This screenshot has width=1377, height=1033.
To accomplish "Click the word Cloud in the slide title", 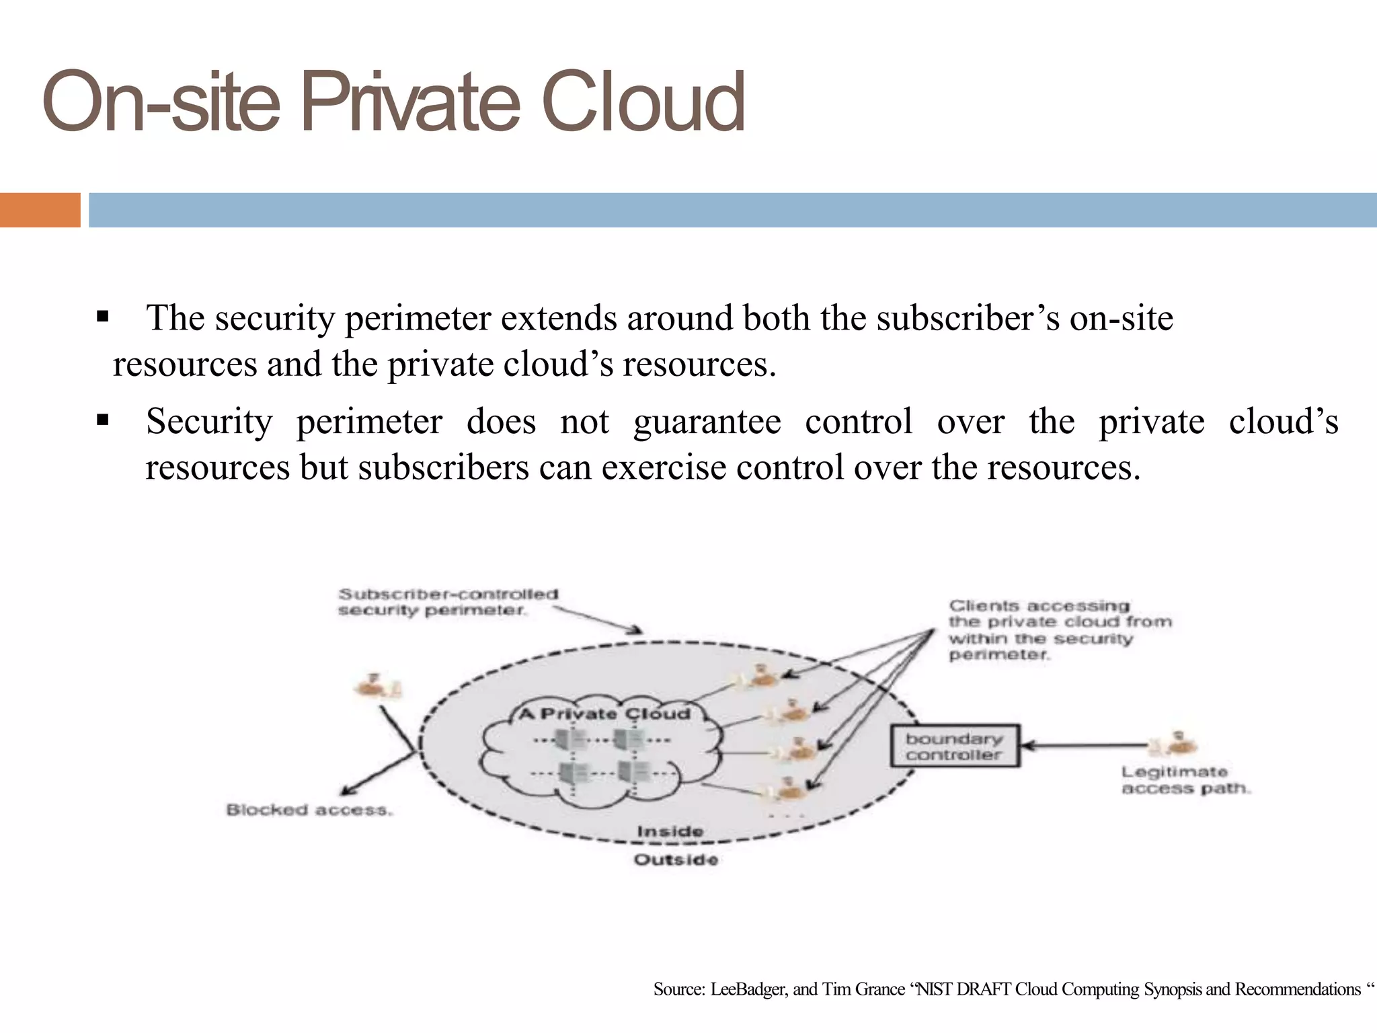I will pos(642,102).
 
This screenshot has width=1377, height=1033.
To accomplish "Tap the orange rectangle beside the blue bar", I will pos(40,210).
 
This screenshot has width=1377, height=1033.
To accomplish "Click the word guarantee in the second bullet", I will pos(707,422).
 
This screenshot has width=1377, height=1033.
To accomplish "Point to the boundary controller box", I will pos(955,746).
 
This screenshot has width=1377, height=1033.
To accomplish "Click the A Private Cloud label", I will pos(604,714).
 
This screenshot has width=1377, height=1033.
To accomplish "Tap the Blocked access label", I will pos(309,810).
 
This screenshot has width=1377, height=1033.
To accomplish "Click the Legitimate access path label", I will pos(1185,780).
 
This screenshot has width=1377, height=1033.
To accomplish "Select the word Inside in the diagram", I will pos(670,832).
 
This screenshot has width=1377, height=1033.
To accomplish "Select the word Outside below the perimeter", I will pos(676,860).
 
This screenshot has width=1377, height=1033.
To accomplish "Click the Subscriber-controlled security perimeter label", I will pos(448,602).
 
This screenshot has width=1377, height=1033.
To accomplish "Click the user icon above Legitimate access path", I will pos(1177,742).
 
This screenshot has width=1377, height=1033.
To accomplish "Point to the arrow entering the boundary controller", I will pos(1083,745).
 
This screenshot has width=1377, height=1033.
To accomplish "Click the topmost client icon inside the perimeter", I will pos(760,676).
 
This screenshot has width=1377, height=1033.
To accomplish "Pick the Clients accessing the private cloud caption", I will pos(1059,630).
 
